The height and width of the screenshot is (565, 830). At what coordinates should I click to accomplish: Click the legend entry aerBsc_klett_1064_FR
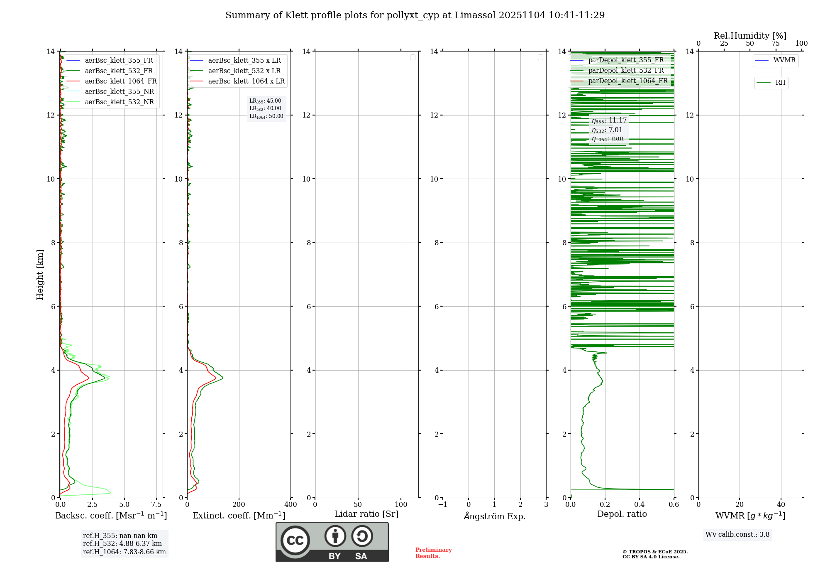120,81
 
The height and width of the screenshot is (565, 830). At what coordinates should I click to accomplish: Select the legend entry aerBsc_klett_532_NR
119,102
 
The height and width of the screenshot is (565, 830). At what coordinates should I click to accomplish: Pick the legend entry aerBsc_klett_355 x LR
244,61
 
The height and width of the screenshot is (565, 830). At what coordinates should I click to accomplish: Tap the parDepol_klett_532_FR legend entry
626,71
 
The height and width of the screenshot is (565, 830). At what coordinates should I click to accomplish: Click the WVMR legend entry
784,60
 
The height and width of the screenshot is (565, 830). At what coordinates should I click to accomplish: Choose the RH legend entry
780,83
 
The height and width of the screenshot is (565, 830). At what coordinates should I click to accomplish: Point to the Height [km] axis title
40,274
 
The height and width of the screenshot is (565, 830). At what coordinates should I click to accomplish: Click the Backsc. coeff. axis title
111,516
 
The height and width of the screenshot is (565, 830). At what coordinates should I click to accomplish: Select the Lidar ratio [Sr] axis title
366,514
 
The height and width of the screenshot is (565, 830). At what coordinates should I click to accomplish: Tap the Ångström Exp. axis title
494,516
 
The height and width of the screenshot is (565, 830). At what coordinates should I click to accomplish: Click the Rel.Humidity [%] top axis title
750,36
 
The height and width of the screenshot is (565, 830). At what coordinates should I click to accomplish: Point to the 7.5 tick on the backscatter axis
156,505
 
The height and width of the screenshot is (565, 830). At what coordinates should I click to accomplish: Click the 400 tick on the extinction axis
290,505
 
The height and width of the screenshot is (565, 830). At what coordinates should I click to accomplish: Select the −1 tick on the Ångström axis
442,505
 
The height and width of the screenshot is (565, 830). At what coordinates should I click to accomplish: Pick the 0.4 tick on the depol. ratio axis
640,505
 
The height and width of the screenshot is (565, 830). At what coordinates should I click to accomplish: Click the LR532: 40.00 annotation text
265,108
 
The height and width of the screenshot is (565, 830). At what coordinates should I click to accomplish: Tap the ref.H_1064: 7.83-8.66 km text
124,552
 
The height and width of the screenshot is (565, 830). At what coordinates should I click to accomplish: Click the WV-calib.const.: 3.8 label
737,535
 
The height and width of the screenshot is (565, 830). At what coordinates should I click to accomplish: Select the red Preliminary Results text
433,553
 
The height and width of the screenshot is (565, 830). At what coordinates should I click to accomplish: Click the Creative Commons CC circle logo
295,540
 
